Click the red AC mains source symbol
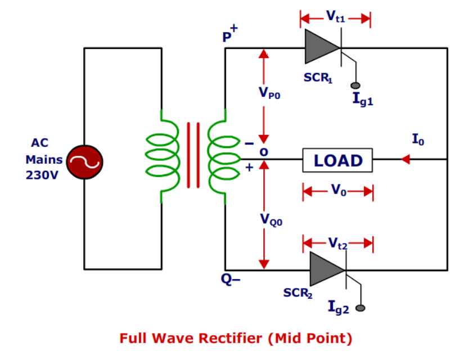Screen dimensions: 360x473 tap(84, 162)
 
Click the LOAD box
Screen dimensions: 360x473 tap(338, 160)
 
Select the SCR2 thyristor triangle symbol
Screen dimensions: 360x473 tap(327, 269)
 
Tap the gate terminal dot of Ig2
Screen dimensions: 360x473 tap(361, 308)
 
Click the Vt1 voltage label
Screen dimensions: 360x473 tap(336, 16)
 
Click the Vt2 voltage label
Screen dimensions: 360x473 tap(338, 243)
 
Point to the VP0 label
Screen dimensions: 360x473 tap(269, 93)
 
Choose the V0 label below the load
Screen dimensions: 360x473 tap(338, 191)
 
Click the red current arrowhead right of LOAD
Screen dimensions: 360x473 tap(405, 160)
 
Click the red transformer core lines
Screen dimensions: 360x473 tap(193, 155)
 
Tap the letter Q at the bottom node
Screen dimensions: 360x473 tap(224, 280)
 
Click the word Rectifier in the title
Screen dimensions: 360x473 tap(232, 338)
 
